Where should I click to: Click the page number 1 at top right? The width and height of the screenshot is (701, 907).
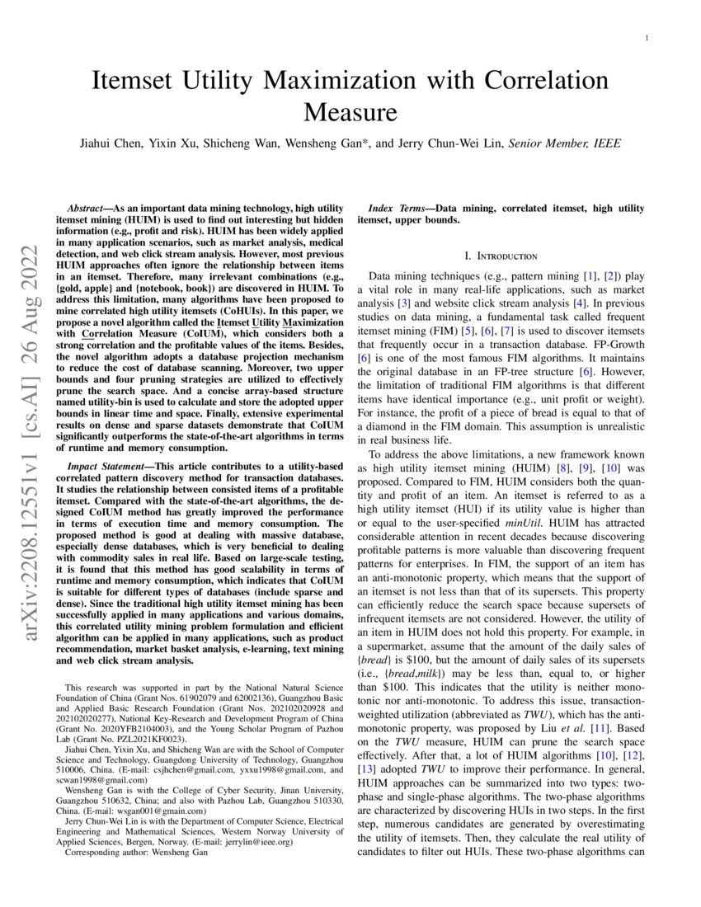point(647,38)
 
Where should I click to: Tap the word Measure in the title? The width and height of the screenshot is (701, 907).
point(350,111)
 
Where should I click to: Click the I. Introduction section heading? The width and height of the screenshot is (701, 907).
point(501,256)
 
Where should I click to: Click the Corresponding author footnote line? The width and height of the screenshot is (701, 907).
point(136,853)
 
